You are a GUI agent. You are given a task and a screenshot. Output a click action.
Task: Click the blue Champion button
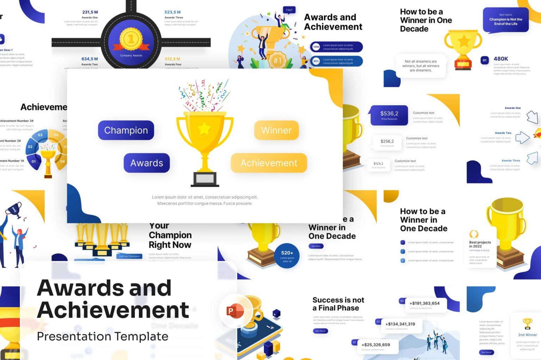pos(126,130)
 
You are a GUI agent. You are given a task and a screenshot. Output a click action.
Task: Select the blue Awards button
pos(147,163)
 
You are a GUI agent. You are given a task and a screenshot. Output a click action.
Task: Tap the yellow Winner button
pos(276,130)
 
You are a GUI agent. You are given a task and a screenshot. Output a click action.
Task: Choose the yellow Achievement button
pos(269,163)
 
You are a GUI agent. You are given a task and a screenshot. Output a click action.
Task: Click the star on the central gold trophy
pos(204,129)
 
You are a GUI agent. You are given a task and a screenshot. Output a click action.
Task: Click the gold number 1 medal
pos(131,39)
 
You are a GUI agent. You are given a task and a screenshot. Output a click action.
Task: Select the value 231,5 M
pos(90,12)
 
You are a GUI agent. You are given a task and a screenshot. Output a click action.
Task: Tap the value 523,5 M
pos(173,12)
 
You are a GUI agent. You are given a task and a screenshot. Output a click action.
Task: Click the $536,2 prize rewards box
pos(389,115)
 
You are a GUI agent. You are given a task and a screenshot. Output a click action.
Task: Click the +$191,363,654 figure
pos(424,303)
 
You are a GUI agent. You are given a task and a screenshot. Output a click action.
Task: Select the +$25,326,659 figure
pos(376,345)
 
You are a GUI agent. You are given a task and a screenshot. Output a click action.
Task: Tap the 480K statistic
pos(500,59)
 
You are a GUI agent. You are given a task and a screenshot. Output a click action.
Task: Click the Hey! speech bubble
pos(289,10)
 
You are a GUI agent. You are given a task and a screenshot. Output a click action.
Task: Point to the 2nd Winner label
pos(527,335)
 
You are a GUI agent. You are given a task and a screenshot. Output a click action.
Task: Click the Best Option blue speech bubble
pos(505,20)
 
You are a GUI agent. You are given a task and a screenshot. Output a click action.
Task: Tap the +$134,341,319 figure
pos(400,324)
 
